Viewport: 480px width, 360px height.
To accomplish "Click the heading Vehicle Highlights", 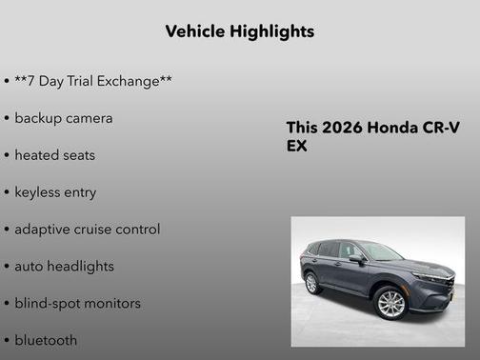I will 239,31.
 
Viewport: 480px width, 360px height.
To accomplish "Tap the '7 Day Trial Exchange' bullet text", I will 93,82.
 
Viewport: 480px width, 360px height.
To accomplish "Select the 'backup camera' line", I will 63,118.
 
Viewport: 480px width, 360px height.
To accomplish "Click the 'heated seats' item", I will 54,155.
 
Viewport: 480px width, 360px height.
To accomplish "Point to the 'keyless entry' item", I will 55,192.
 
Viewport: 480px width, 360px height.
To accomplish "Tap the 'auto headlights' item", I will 64,267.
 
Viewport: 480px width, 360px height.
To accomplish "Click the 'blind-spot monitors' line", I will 77,304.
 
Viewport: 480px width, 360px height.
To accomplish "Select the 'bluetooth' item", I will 46,340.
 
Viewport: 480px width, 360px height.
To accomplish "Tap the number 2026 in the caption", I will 341,129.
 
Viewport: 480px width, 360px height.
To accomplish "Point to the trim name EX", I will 297,147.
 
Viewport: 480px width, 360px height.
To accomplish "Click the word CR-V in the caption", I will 439,129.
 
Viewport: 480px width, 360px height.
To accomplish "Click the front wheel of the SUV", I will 391,303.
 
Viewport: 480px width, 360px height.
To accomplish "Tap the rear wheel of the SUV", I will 311,283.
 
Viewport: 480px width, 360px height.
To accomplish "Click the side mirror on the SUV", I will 356,258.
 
